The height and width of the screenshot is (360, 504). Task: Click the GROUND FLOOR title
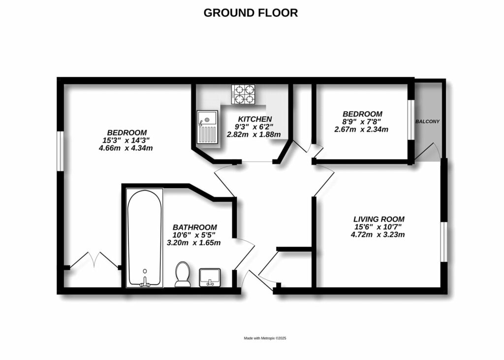pos(251,13)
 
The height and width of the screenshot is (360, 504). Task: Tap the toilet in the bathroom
pos(183,274)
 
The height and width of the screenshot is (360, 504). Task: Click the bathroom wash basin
pos(210,278)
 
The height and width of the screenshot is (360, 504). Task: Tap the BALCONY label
pos(427,121)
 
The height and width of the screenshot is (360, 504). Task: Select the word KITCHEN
pos(254,119)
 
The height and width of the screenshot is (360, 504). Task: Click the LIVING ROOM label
pos(378,219)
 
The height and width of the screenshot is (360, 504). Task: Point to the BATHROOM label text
pos(195,227)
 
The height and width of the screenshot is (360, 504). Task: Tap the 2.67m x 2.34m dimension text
pos(361,130)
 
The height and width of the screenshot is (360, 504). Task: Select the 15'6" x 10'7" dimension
pos(378,227)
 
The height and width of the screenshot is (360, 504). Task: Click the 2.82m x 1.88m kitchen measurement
pos(253,134)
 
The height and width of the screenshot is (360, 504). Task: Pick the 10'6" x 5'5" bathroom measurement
pos(195,235)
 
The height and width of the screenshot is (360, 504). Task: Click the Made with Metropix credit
pos(265,338)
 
